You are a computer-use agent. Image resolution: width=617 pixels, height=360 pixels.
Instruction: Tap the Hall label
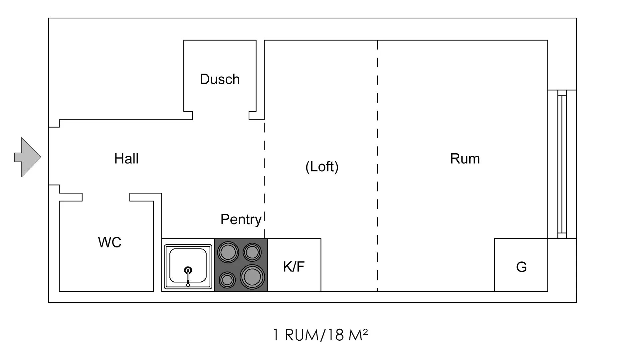pyautogui.click(x=126, y=159)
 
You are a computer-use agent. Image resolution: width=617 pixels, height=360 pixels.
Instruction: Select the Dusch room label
pyautogui.click(x=220, y=79)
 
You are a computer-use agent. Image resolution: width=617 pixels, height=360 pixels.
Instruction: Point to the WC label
pyautogui.click(x=109, y=242)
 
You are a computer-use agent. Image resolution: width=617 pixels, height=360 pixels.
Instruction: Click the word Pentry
pyautogui.click(x=241, y=219)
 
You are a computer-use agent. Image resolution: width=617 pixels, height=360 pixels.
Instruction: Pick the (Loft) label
pyautogui.click(x=322, y=167)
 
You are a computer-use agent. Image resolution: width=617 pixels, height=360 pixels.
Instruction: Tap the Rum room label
pyautogui.click(x=465, y=159)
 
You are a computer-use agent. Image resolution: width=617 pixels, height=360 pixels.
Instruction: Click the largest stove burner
pyautogui.click(x=252, y=277)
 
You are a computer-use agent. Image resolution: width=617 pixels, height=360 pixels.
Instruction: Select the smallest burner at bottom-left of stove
pyautogui.click(x=227, y=280)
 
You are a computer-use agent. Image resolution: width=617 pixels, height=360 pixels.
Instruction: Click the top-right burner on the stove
pyautogui.click(x=252, y=252)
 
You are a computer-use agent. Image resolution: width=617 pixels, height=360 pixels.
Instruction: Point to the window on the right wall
pyautogui.click(x=562, y=164)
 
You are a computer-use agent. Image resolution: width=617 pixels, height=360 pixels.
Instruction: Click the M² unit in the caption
pyautogui.click(x=358, y=335)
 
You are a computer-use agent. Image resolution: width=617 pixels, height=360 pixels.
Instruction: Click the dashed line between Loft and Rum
pyautogui.click(x=377, y=167)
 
